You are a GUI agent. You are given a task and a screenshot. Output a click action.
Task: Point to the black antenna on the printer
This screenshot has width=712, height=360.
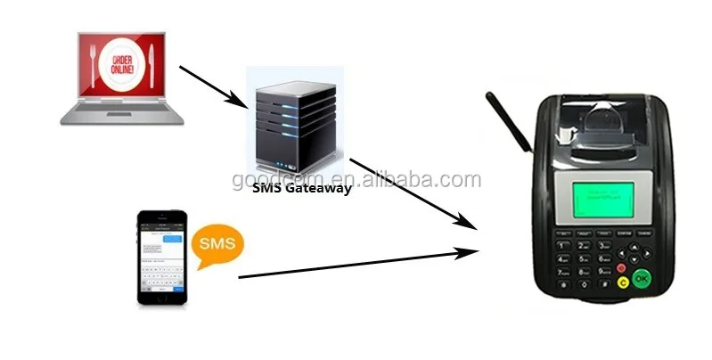509,121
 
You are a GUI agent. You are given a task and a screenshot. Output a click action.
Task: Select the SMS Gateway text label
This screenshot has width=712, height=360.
301,189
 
